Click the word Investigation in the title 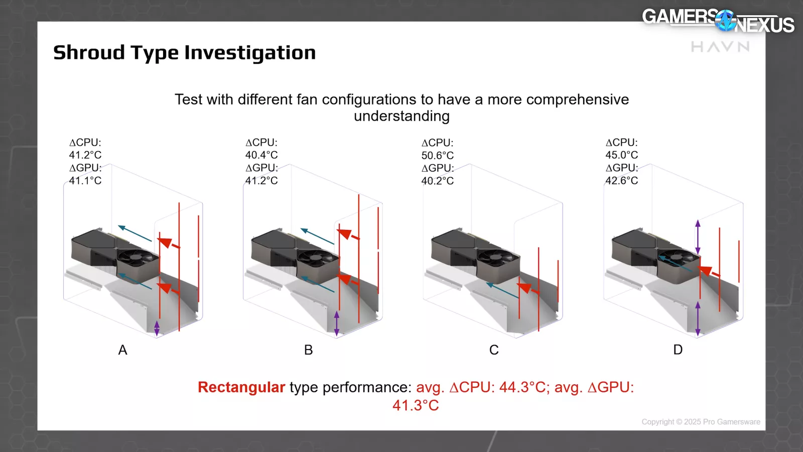pyautogui.click(x=250, y=53)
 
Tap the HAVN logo pyautogui.click(x=720, y=47)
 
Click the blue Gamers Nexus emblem pyautogui.click(x=726, y=21)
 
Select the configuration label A pyautogui.click(x=122, y=350)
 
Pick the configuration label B pyautogui.click(x=308, y=350)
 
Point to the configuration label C pyautogui.click(x=494, y=350)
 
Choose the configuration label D pyautogui.click(x=678, y=350)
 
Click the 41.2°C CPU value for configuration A pyautogui.click(x=85, y=155)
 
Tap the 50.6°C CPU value pyautogui.click(x=437, y=155)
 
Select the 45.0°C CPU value pyautogui.click(x=622, y=155)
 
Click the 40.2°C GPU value pyautogui.click(x=437, y=181)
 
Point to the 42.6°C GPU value pyautogui.click(x=622, y=180)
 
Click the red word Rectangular pyautogui.click(x=241, y=387)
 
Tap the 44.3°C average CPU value pyautogui.click(x=522, y=387)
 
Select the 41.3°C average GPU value pyautogui.click(x=416, y=405)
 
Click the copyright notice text pyautogui.click(x=701, y=422)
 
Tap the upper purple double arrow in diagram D pyautogui.click(x=698, y=237)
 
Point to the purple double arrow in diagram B pyautogui.click(x=336, y=323)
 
